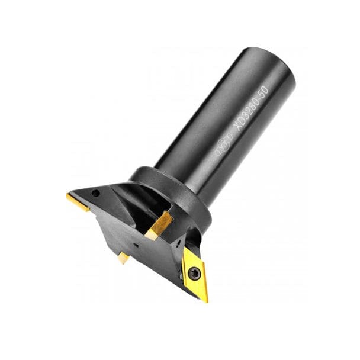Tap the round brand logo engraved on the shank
[221, 143]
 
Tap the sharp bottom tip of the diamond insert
[206, 301]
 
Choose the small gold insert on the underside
[123, 257]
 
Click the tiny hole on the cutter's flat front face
[136, 243]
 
